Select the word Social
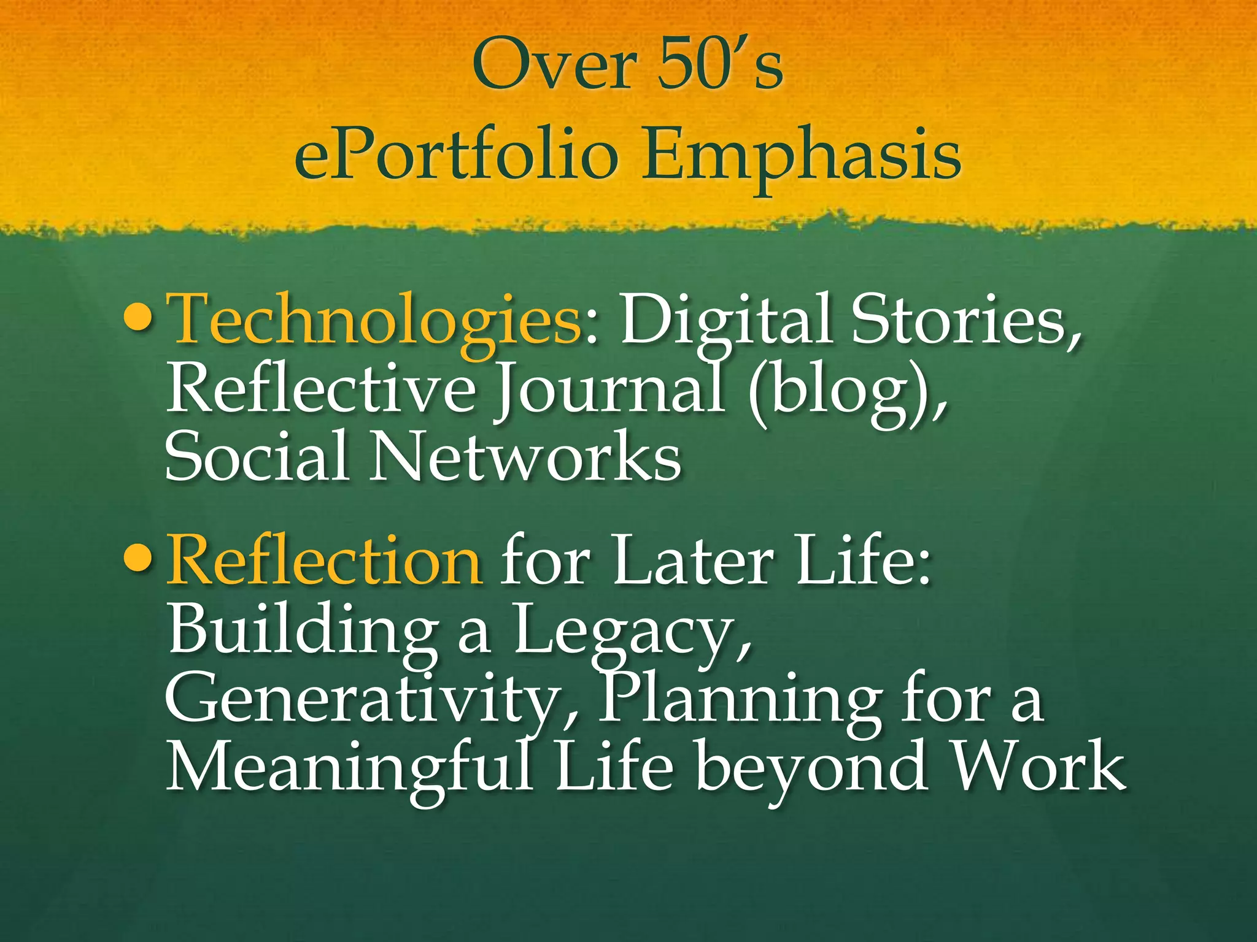(x=257, y=455)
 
